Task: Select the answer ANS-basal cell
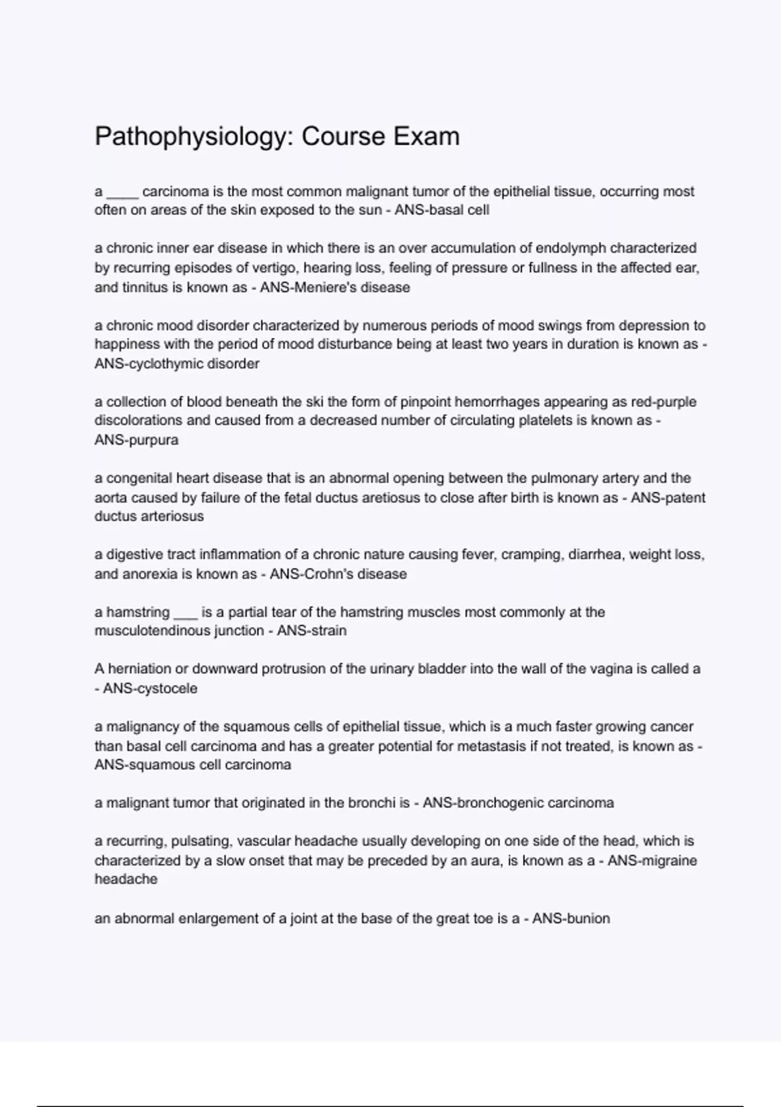coord(442,210)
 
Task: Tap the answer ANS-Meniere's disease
coord(335,287)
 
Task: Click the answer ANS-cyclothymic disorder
coord(176,364)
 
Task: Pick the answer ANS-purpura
coord(136,440)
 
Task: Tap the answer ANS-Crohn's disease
coord(338,574)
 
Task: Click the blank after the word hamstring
coord(185,613)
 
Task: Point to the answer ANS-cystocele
coord(150,688)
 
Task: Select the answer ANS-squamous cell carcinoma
coord(193,765)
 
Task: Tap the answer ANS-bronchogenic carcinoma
coord(518,803)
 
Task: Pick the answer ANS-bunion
coord(571,919)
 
